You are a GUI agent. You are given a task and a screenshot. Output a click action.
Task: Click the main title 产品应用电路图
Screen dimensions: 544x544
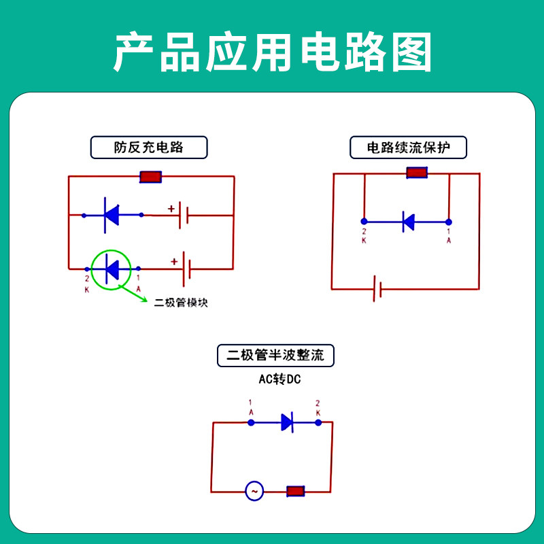pos(272,52)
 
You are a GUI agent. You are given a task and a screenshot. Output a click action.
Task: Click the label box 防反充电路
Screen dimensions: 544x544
pos(149,147)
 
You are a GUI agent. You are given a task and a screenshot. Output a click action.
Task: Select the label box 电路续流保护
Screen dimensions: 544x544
pos(408,147)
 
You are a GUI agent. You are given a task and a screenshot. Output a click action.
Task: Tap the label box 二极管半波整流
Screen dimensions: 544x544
pos(275,355)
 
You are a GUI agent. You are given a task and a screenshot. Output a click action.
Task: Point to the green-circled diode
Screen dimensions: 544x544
pos(111,269)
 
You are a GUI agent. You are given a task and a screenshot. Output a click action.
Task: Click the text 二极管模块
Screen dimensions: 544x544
pos(181,303)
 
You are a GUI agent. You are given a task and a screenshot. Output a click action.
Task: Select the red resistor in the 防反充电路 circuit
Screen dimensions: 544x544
pos(150,177)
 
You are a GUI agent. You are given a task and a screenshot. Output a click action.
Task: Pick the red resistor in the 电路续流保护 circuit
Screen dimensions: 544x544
pos(416,173)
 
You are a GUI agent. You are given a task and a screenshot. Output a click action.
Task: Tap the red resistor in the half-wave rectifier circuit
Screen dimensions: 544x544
pos(295,491)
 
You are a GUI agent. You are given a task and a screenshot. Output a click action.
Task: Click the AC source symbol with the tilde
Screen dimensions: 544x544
pos(254,491)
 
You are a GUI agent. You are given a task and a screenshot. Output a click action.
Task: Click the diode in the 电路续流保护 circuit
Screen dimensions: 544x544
pos(408,221)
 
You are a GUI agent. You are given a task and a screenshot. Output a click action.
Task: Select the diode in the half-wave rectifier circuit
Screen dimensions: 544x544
pos(287,422)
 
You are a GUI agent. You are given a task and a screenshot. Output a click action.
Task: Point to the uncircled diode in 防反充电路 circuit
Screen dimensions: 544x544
pos(111,215)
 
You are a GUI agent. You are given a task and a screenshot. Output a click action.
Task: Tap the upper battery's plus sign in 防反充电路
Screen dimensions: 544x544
pos(171,208)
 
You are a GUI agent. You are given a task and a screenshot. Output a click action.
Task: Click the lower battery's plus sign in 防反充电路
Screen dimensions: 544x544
pos(174,261)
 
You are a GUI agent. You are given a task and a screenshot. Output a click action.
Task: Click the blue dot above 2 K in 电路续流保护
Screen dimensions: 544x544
pos(364,222)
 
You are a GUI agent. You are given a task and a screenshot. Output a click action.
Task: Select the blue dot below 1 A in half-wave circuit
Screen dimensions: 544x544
pos(251,422)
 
